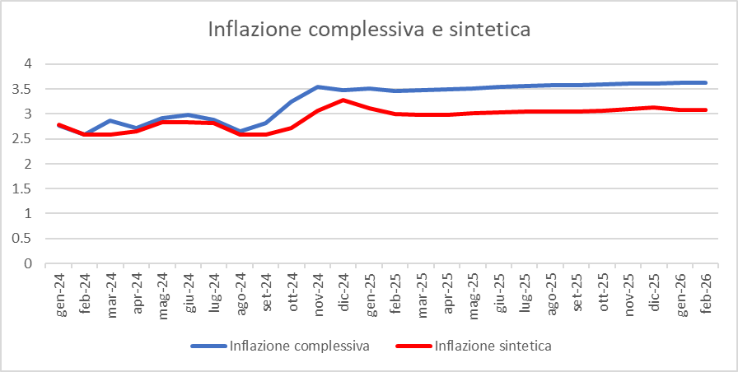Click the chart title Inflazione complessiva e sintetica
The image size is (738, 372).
point(369,30)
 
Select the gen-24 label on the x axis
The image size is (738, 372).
point(60,290)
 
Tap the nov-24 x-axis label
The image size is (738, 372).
point(317,290)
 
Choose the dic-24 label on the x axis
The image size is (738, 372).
point(343,290)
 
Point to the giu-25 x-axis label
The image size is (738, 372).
point(497,290)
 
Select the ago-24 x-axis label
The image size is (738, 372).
point(240,290)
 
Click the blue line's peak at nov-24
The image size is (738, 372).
point(317,86)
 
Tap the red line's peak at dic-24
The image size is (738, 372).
point(343,100)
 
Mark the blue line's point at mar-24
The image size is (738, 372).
point(111,120)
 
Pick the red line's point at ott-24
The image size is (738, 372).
point(292,128)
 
